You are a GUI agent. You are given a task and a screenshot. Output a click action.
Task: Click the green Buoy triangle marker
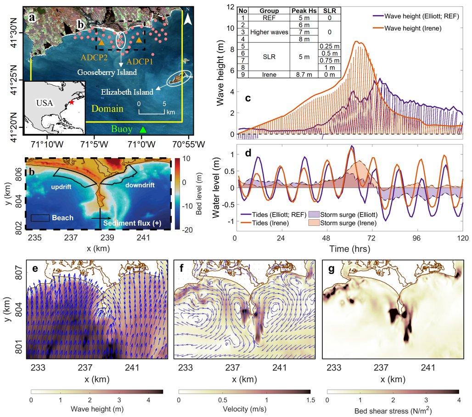tap(143, 130)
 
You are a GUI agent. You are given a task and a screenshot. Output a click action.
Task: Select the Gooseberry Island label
tap(107, 73)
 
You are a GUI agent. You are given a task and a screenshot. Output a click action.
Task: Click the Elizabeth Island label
tap(126, 92)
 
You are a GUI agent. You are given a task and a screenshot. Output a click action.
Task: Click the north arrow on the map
tap(188, 18)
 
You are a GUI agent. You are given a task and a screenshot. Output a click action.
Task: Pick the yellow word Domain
tap(108, 109)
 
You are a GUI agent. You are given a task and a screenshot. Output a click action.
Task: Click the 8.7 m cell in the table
tap(305, 74)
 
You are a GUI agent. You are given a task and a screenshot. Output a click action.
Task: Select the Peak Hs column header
tap(305, 10)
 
